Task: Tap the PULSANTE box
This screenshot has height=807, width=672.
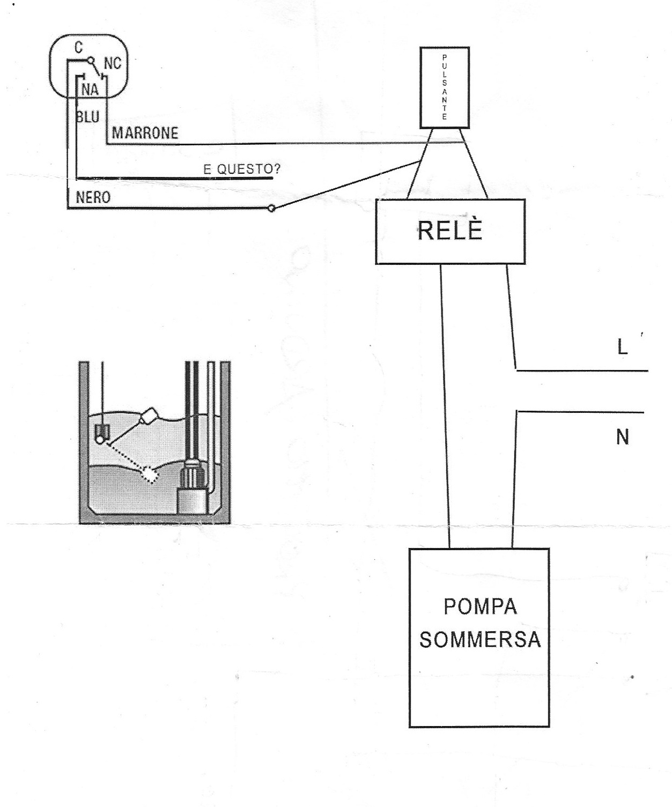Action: point(445,87)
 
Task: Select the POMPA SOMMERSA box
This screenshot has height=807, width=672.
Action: point(479,638)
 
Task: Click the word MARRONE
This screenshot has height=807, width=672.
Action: point(145,134)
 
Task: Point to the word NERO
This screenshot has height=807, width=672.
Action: point(93,197)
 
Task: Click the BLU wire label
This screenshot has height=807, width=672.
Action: point(88,117)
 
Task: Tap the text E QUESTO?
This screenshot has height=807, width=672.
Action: point(242,169)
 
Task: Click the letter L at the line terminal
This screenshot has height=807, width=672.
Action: point(622,347)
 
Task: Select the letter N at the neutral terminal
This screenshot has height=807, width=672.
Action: point(622,437)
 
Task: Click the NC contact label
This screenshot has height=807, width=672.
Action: point(113,63)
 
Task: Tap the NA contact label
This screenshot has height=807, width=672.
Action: point(90,90)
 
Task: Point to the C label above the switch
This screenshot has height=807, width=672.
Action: point(78,47)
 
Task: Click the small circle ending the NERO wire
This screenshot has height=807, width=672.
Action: point(272,209)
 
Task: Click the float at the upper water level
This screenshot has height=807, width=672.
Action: point(149,416)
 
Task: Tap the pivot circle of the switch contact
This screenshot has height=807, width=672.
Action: point(91,60)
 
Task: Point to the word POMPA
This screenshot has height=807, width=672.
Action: point(480,606)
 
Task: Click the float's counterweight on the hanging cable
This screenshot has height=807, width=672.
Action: point(102,433)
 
